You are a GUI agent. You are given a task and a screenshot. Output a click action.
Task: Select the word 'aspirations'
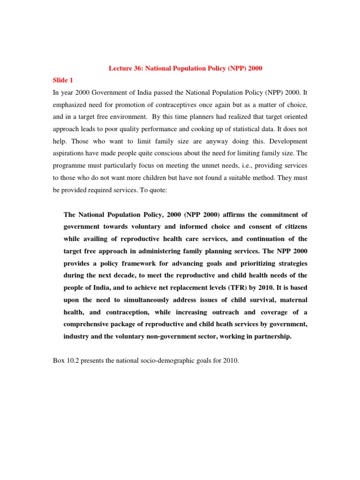[x=68, y=152]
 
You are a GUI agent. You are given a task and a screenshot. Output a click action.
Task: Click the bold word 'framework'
[x=133, y=263]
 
